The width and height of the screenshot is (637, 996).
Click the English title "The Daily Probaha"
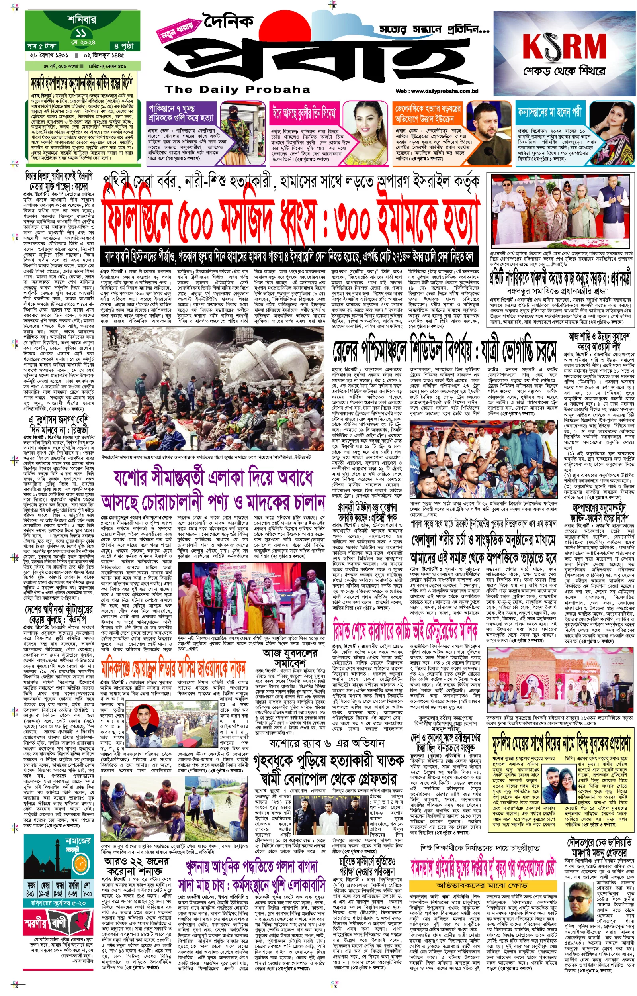tap(237, 89)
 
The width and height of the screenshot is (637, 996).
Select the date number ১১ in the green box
tap(81, 33)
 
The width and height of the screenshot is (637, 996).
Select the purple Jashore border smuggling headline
tap(213, 490)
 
